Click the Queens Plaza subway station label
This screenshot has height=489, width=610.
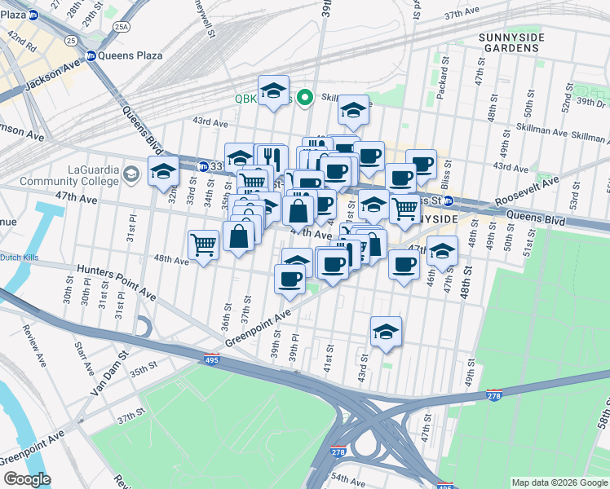(130, 55)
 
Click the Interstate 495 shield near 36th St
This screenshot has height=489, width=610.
(210, 359)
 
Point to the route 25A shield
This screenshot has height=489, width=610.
(122, 27)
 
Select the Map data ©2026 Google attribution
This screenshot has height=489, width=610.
(559, 482)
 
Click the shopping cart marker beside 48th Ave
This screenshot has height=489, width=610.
(203, 243)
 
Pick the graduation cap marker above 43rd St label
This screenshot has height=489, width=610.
(386, 331)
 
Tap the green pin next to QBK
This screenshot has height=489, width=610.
(306, 98)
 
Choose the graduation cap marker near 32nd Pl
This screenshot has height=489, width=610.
(163, 171)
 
